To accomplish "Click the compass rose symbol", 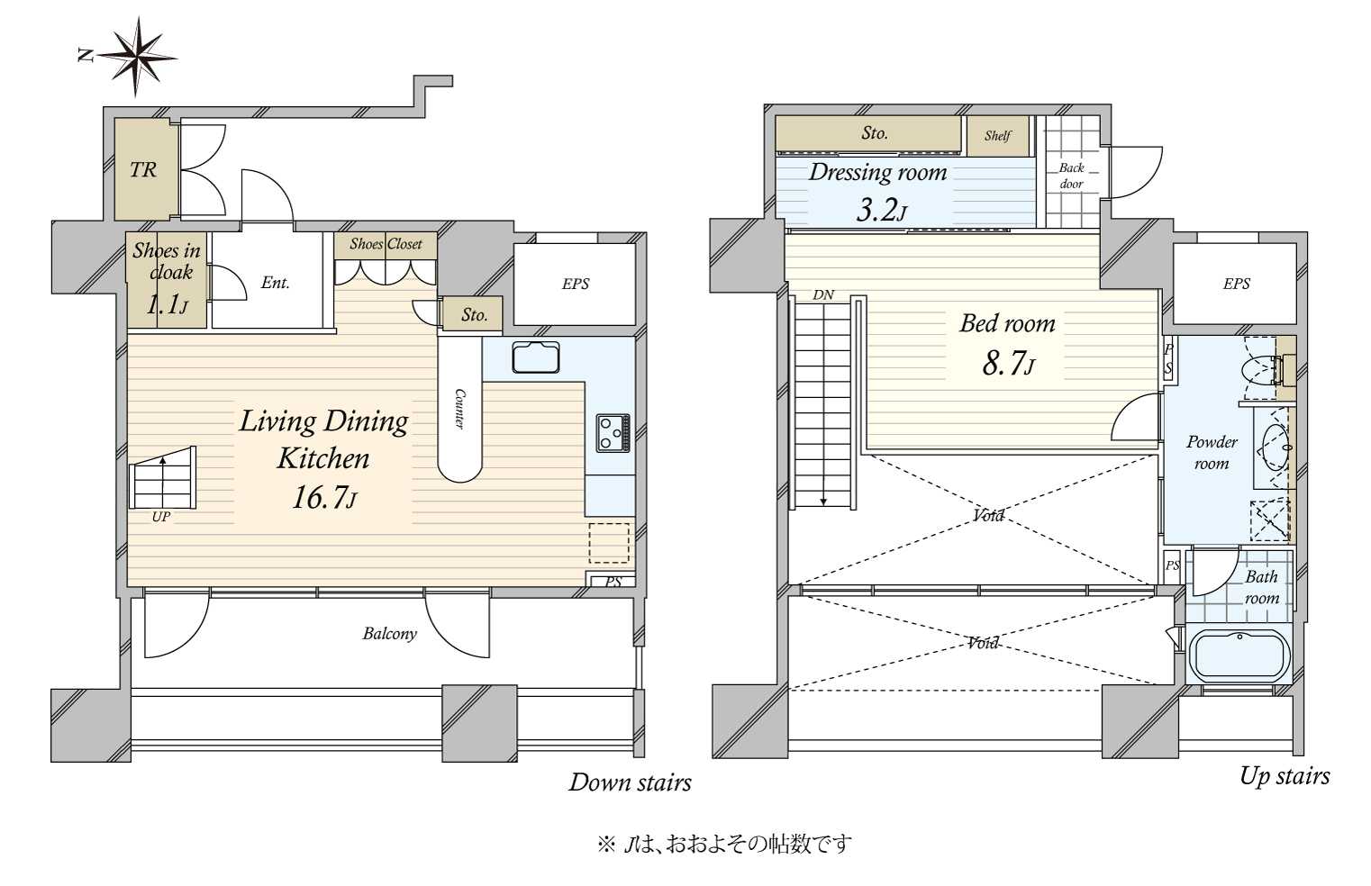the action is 137,57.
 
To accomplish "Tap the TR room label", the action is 143,169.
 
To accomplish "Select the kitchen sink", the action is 536,357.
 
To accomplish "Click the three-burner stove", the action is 613,432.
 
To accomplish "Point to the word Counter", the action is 459,409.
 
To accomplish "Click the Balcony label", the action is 389,633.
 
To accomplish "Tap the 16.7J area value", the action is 323,497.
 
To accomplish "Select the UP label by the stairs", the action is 161,517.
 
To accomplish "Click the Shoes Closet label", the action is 386,244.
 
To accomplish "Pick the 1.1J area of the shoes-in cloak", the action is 167,304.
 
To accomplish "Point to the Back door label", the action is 1071,176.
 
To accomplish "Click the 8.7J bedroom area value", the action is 1009,363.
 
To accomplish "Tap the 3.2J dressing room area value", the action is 881,211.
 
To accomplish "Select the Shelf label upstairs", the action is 998,136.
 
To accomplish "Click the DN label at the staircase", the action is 823,295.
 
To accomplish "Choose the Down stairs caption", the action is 630,782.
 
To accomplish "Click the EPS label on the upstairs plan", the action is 1237,284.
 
